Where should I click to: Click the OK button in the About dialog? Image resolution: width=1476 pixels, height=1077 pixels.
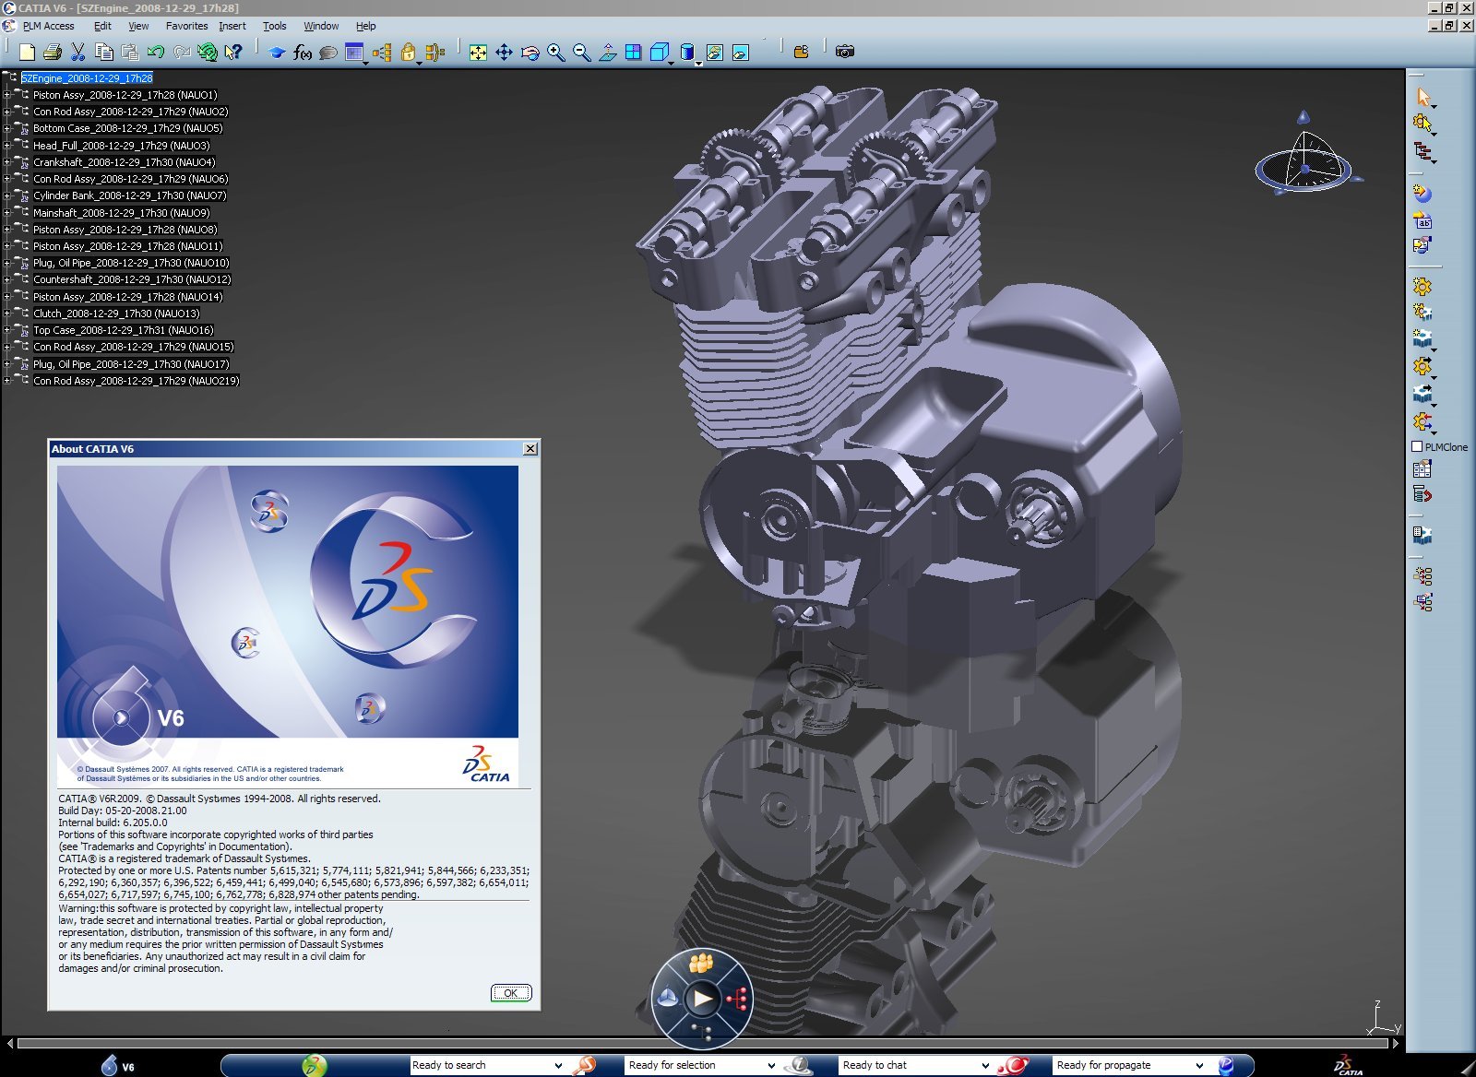coord(510,993)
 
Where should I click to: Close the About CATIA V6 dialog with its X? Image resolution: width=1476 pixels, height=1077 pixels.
coord(530,449)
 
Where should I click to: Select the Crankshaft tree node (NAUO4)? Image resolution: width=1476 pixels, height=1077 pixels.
coord(124,162)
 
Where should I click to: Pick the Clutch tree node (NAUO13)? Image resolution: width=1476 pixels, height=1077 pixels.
coord(116,314)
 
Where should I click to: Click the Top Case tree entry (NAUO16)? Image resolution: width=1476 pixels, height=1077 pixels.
coord(123,330)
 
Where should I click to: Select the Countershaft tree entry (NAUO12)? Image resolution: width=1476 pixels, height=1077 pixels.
coord(132,279)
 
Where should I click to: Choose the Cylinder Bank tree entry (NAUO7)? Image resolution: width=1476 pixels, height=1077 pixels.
coord(129,195)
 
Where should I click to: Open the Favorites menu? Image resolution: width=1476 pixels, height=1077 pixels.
coord(186,26)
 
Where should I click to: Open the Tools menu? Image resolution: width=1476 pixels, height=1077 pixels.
coord(274,26)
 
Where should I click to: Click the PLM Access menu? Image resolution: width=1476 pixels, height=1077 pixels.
coord(48,26)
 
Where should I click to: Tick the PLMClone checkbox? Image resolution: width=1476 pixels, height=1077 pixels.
coord(1417,447)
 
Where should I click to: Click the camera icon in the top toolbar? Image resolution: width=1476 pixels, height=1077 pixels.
coord(845,52)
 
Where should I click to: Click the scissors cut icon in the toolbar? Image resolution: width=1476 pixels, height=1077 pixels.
coord(77,52)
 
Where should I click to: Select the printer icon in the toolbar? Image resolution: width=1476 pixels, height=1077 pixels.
coord(53,52)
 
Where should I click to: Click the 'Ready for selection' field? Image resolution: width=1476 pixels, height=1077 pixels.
coord(696,1065)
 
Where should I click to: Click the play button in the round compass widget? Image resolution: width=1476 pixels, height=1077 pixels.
coord(703,998)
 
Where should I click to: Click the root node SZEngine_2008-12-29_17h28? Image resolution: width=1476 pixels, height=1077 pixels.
coord(87,78)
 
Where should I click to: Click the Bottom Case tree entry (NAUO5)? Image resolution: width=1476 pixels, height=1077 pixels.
coord(127,128)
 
